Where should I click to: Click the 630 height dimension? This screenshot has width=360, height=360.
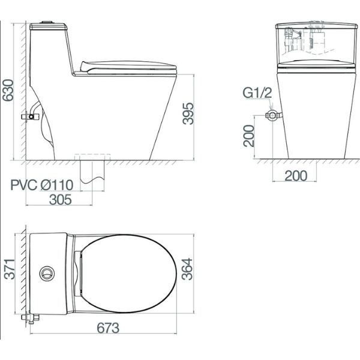[x=8, y=90]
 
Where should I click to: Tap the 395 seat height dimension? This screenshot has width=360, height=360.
[x=188, y=113]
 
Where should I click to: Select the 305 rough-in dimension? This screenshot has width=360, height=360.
[x=61, y=200]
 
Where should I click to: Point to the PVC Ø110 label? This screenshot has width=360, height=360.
[x=42, y=185]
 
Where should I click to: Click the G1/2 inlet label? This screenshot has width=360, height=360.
[x=257, y=93]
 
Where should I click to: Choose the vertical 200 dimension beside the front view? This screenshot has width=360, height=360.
[x=249, y=136]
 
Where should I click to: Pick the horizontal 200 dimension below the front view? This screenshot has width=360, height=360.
[x=296, y=176]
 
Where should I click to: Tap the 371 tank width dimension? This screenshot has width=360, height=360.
[x=10, y=269]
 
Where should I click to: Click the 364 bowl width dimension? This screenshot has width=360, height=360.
[x=187, y=269]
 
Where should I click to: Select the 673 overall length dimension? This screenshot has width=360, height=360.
[x=108, y=328]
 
